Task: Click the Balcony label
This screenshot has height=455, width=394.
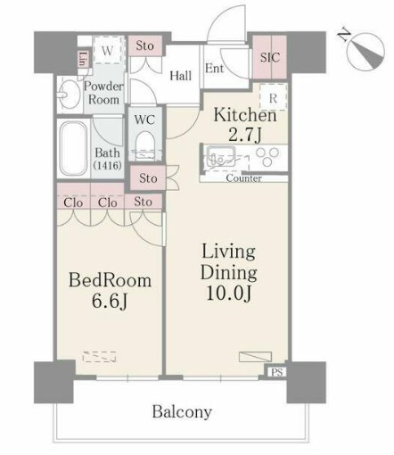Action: [182, 412]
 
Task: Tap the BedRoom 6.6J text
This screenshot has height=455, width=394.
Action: [110, 291]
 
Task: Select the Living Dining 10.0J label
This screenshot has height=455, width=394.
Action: [229, 272]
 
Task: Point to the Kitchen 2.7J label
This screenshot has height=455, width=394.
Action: [245, 125]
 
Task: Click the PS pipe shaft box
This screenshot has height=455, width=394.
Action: [276, 372]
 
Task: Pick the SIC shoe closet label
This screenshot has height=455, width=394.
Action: [270, 57]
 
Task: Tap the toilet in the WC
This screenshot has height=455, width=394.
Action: [145, 145]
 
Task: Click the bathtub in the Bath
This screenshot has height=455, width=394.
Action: [73, 149]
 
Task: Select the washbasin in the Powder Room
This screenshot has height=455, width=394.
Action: [69, 95]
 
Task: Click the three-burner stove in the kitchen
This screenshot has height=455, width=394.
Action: [267, 157]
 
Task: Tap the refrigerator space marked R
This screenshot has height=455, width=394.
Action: [274, 97]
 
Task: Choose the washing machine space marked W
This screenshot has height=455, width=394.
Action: [107, 51]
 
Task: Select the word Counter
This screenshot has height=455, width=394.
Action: [243, 178]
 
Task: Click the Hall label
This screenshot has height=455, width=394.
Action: [180, 76]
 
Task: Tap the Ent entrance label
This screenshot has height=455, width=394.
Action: [214, 69]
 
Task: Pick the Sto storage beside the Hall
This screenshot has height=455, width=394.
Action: [145, 45]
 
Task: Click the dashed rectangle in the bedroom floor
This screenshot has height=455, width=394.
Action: [99, 357]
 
